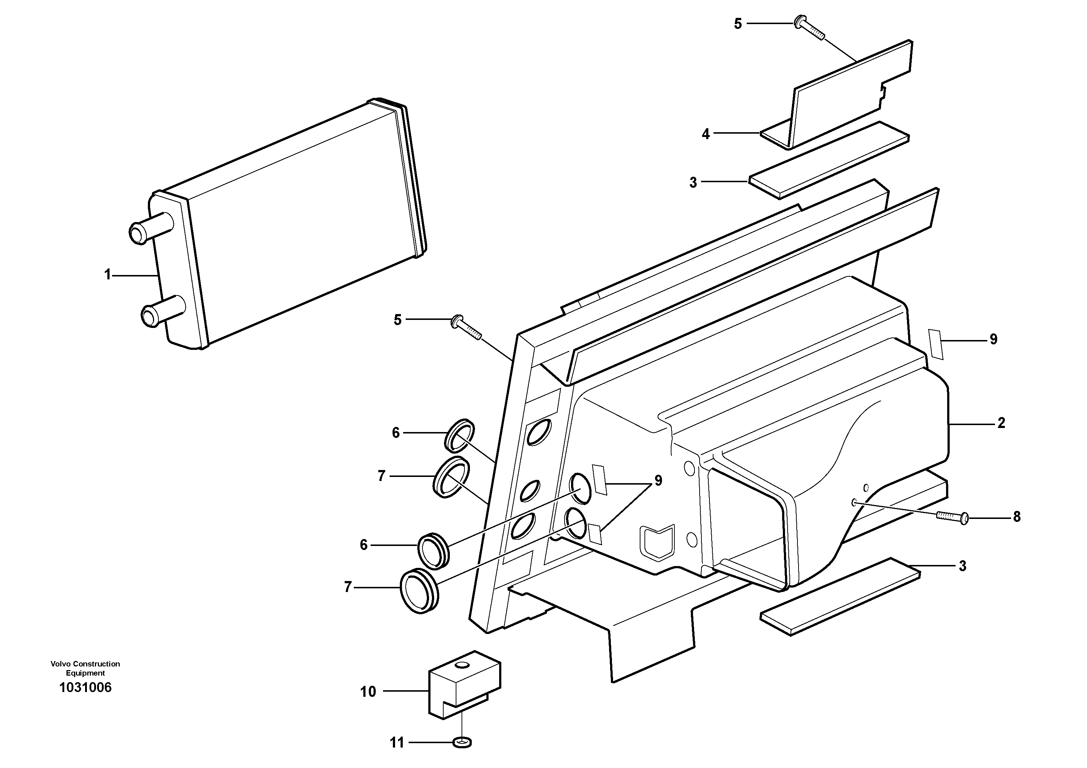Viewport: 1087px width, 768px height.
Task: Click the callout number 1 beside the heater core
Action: [107, 275]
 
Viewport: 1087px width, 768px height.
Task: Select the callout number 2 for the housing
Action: [1001, 423]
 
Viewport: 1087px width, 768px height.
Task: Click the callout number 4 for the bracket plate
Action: [705, 134]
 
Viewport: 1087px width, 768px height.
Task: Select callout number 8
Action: [1017, 517]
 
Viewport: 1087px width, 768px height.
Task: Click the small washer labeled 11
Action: [462, 743]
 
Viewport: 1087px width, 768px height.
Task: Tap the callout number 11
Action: [397, 743]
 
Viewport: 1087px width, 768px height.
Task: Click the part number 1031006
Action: [85, 688]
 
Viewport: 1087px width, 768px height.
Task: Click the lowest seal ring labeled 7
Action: [420, 592]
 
